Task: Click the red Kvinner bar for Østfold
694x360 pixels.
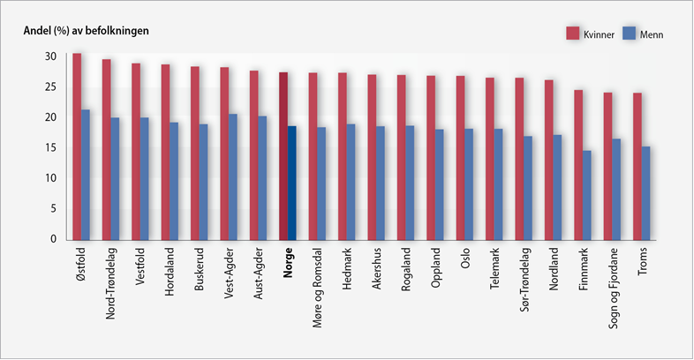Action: pos(77,146)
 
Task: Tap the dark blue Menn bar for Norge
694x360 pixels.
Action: pos(291,183)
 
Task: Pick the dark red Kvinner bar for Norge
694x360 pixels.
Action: pos(283,155)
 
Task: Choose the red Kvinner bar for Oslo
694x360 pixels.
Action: pos(460,157)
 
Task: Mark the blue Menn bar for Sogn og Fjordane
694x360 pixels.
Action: pos(616,189)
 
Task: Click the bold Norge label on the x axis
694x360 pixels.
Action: pos(288,263)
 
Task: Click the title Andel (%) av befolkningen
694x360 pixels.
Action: pos(85,31)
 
